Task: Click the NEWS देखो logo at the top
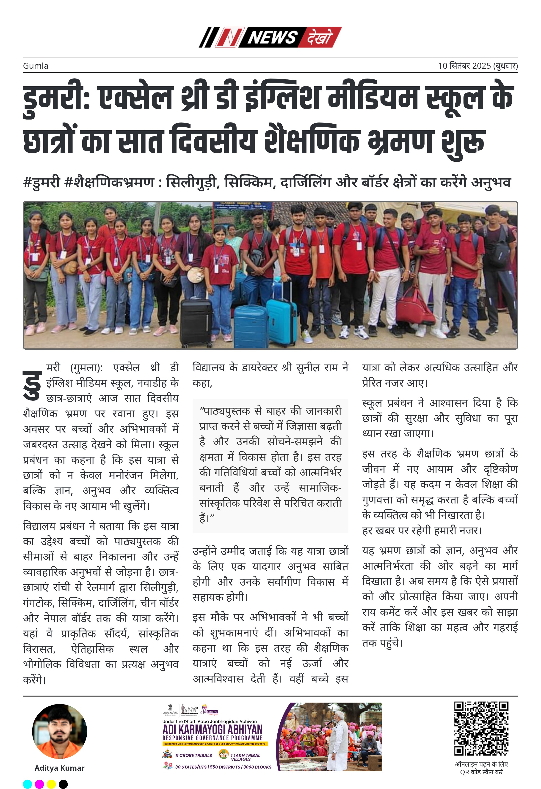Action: (x=270, y=37)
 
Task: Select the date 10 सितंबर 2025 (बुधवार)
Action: (x=478, y=66)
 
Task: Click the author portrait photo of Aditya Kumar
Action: (x=59, y=731)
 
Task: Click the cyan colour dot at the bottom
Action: (x=28, y=784)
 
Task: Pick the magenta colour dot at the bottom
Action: (x=39, y=784)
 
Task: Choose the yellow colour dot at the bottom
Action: (x=51, y=784)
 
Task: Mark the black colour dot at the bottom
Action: (x=63, y=784)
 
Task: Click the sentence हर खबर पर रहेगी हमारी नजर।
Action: (x=422, y=530)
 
